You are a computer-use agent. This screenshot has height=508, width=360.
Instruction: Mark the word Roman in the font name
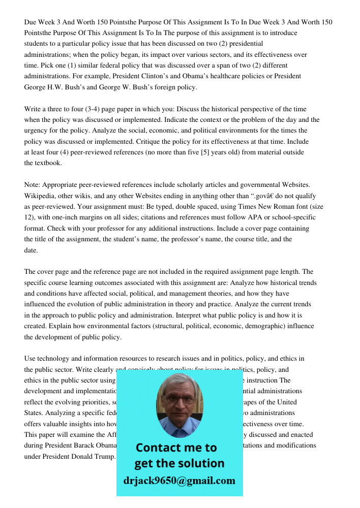click(274, 207)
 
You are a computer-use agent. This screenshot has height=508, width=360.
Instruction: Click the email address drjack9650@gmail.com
click(179, 481)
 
